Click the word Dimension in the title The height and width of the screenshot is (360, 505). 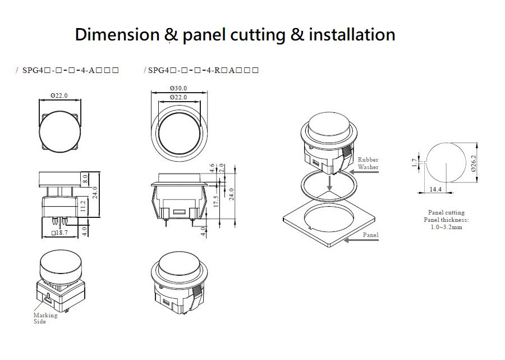(117, 34)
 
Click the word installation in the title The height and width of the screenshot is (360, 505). (352, 34)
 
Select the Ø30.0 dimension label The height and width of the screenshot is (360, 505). (178, 88)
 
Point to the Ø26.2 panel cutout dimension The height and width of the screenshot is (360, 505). (473, 163)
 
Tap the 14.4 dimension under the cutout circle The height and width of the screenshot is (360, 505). (435, 189)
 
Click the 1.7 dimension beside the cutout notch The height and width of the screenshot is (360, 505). (415, 163)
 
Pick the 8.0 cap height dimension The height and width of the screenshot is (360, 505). (85, 178)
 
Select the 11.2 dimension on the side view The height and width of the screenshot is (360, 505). (83, 206)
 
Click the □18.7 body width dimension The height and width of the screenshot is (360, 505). (59, 233)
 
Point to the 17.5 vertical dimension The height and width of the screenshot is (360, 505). (216, 202)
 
